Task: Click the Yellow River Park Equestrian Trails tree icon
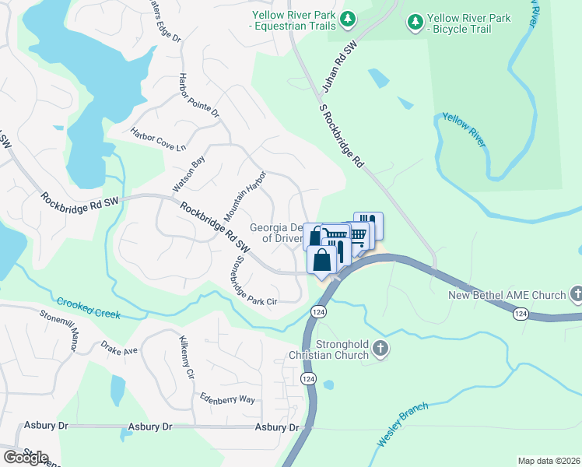tap(349, 17)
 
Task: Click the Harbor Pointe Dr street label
tap(200, 96)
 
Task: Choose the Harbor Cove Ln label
tap(160, 139)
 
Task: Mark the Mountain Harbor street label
tap(246, 195)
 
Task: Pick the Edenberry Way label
tap(226, 398)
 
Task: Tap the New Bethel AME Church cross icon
tap(576, 294)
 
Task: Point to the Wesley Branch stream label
tap(402, 424)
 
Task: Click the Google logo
tap(25, 457)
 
